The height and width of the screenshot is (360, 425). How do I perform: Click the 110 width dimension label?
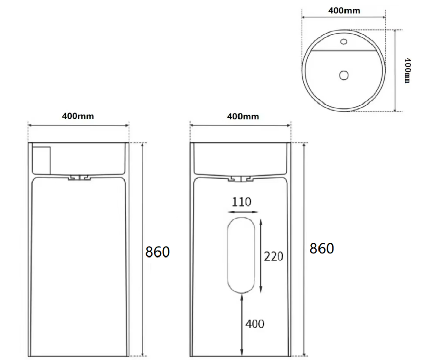point(242,202)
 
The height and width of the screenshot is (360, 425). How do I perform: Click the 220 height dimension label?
point(274,256)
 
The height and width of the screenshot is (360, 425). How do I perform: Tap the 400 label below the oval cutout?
point(255,324)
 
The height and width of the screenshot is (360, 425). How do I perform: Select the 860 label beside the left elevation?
point(157,252)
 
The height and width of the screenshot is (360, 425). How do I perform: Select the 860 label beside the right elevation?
point(322,248)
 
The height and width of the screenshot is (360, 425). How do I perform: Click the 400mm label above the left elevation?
point(78,116)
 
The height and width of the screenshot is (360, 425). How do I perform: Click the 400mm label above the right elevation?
point(243,116)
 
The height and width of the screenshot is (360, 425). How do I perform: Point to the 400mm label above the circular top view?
point(344,11)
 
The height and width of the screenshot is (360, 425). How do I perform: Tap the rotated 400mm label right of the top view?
point(407,70)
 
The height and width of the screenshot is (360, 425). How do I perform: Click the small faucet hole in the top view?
point(343,42)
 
